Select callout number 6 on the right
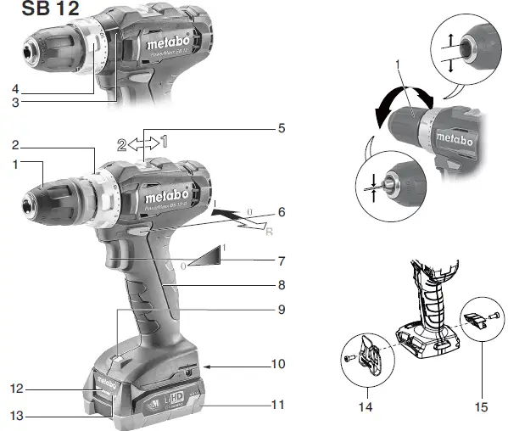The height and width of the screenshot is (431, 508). coord(281,211)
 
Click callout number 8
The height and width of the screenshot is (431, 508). coord(281,285)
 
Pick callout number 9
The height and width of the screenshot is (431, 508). coord(281,310)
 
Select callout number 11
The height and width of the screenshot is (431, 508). coord(278,404)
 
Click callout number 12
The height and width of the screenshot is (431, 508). coord(14,389)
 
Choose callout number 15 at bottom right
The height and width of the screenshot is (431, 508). coord(482,407)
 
